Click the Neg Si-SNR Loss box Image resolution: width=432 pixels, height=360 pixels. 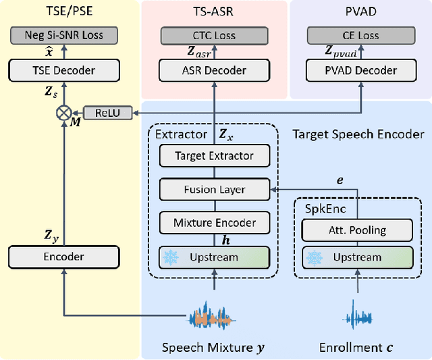(x=63, y=34)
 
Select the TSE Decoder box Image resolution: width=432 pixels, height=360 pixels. (x=63, y=70)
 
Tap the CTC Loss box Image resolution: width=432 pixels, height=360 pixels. (x=214, y=34)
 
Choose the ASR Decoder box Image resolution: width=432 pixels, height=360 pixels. (x=214, y=70)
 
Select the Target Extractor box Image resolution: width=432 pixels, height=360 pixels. (x=214, y=156)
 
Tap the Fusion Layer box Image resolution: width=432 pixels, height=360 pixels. (x=214, y=189)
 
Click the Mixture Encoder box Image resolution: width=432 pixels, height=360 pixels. (x=214, y=222)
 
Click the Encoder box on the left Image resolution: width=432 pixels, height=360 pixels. (x=63, y=256)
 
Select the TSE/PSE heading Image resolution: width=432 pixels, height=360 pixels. (x=65, y=11)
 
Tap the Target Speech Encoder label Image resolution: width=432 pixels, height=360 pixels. (x=358, y=134)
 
